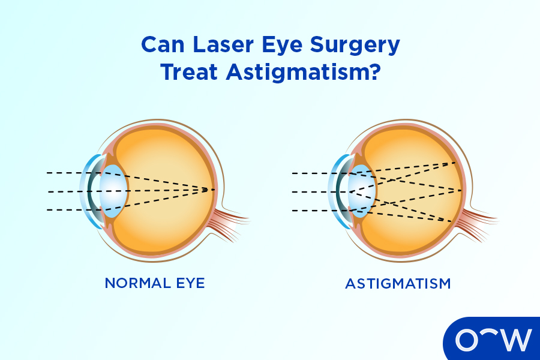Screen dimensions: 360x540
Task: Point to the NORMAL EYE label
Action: pos(155,283)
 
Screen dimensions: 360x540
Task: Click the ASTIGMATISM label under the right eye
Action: pos(398,283)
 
